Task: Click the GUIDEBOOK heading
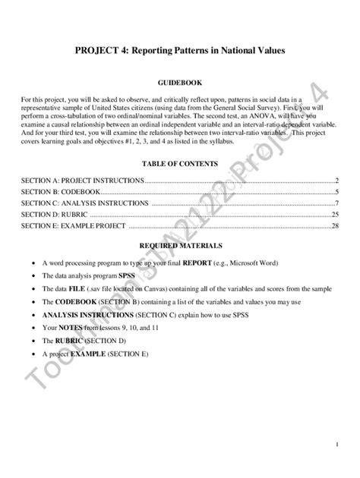pos(179,81)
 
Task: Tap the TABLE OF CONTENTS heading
pos(179,163)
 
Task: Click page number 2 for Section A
pos(336,181)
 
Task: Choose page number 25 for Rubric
pos(334,215)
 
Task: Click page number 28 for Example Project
pos(334,226)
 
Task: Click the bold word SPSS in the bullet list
pos(127,276)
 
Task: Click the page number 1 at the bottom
pos(336,444)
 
